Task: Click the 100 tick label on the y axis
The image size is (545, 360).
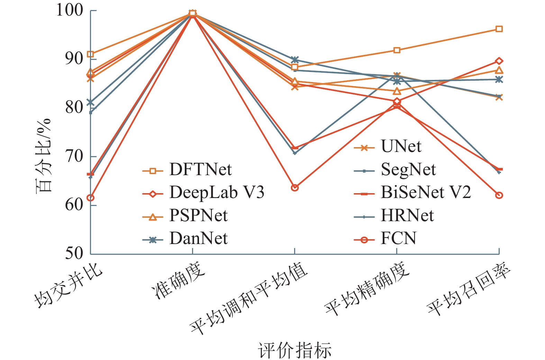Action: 70,10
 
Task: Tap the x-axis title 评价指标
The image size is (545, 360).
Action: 294,350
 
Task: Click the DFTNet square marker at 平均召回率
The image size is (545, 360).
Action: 499,29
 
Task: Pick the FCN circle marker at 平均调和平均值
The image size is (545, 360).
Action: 295,188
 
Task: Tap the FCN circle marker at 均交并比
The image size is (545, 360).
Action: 91,198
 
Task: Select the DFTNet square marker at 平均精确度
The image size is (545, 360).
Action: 397,50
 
